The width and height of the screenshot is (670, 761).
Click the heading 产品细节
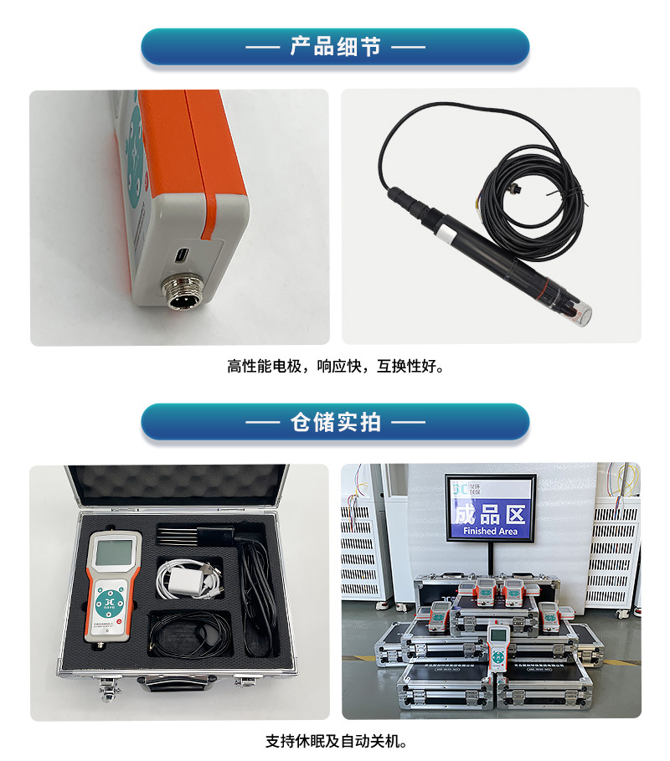pyautogui.click(x=335, y=47)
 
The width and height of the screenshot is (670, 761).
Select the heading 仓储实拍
pyautogui.click(x=335, y=422)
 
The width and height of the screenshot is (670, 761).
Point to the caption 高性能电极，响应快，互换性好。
pyautogui.click(x=335, y=366)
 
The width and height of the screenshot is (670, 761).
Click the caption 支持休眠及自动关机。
pyautogui.click(x=335, y=741)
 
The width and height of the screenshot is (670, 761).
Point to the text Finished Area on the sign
pyautogui.click(x=490, y=531)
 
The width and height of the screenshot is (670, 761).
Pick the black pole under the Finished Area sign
pyautogui.click(x=491, y=559)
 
